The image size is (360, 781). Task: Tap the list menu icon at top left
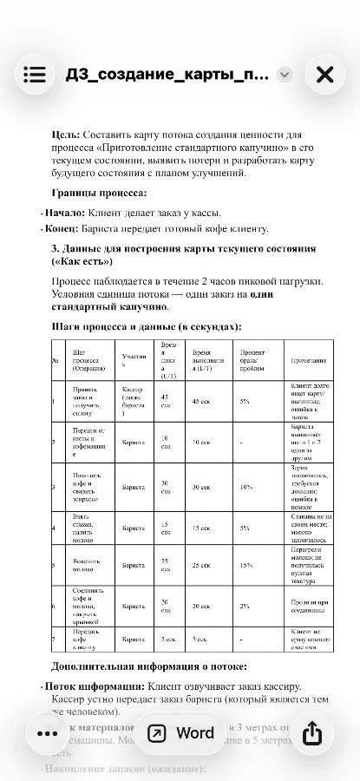point(35,75)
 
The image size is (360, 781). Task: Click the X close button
point(324,75)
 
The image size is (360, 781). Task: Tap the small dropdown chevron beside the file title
point(285,75)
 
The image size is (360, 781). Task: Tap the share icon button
point(311,733)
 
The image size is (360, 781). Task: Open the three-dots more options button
point(47,733)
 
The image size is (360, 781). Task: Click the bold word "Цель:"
point(66,135)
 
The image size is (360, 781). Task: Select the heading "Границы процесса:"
point(99,193)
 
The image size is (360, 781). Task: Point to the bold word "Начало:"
point(66,213)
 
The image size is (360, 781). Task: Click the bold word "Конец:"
point(64,229)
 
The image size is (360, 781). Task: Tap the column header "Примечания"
point(309,360)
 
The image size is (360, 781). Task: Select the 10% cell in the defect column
point(246,488)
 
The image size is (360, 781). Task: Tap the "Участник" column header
point(133,358)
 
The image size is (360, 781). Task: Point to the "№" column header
point(55,360)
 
